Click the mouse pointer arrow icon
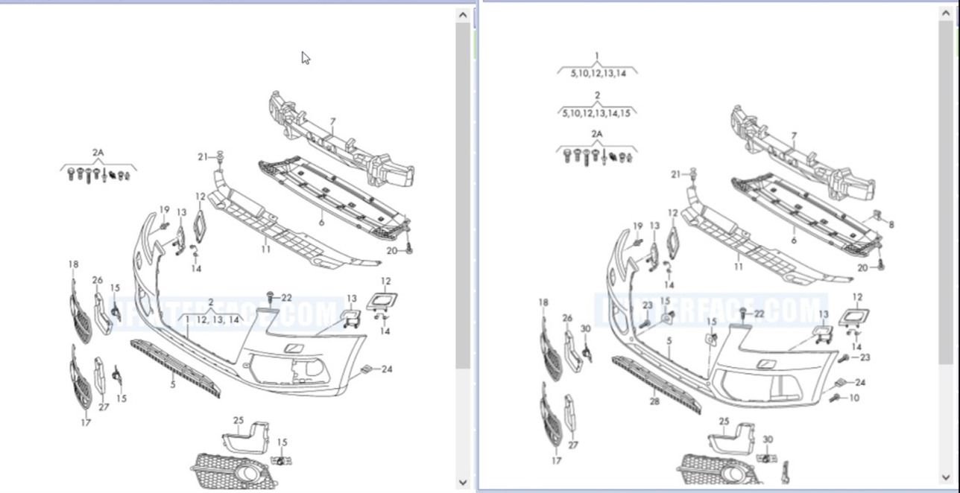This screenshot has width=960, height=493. pos(306,58)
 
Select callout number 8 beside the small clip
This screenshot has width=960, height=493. pos(891,223)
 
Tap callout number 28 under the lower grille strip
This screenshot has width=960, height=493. pos(654,401)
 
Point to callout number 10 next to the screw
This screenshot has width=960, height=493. pos(854,398)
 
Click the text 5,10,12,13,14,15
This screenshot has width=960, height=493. pos(596,113)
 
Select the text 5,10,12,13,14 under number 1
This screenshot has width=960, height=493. pos(598,73)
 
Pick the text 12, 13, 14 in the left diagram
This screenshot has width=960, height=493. pos(218,319)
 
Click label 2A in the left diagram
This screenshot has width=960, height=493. pos(98,153)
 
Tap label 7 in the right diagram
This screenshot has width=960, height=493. pos(794,136)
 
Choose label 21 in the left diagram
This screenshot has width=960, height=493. pos(203,156)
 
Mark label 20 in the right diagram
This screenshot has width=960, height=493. pos(862,267)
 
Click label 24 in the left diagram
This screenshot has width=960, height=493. pos(387,369)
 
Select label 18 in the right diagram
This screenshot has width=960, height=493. pos(543,302)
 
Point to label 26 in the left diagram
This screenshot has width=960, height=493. pos(98,280)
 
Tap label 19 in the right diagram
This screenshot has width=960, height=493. pos(638,226)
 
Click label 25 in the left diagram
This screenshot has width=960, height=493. pos(239,420)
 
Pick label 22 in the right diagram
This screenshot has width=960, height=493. pos(759,314)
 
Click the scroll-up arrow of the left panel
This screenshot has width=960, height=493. pos(464,15)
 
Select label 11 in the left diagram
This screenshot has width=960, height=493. pos(266,249)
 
